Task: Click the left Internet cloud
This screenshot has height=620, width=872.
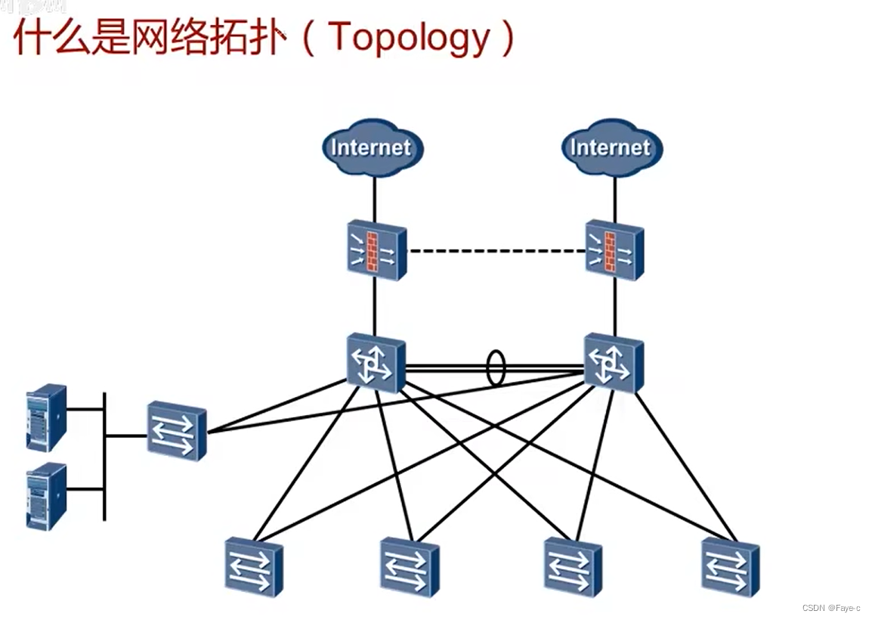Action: (372, 147)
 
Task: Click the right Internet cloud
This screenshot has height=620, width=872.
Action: (611, 147)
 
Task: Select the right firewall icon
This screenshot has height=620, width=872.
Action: (614, 251)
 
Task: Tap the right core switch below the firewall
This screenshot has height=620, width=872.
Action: (614, 363)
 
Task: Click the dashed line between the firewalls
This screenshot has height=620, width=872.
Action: (496, 251)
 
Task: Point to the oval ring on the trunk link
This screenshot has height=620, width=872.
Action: (495, 368)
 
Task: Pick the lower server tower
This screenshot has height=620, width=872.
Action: (46, 495)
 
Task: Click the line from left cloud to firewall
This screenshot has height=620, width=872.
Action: (374, 198)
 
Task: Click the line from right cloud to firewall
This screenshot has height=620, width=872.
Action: (614, 198)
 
